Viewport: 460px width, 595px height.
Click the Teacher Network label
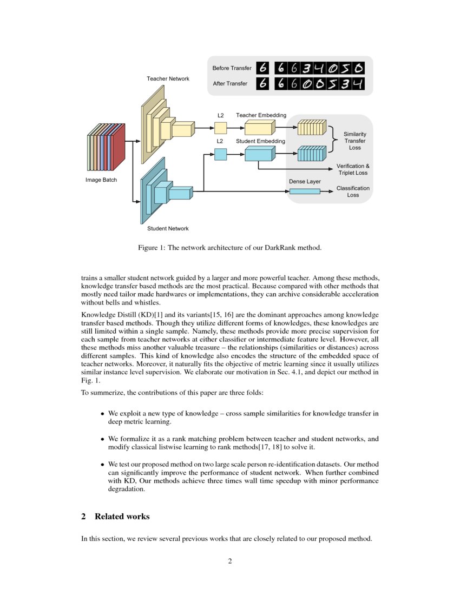(168, 79)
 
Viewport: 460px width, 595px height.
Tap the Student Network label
(168, 229)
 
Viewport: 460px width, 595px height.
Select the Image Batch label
(101, 180)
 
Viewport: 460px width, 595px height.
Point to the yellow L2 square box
(220, 128)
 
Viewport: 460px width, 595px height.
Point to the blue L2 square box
(220, 154)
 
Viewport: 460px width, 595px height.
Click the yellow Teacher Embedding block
(260, 128)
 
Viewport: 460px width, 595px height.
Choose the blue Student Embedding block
(260, 154)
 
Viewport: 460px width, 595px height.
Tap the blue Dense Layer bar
(305, 191)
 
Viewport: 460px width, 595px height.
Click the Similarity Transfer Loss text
(355, 141)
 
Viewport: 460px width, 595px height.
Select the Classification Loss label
(353, 191)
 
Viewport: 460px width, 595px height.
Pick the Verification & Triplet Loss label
(353, 169)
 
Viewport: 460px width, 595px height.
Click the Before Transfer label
(232, 68)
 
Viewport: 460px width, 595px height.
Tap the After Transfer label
(230, 84)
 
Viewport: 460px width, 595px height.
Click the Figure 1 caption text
(229, 248)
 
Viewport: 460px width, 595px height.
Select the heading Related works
(122, 517)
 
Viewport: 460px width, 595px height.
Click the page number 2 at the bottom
(229, 561)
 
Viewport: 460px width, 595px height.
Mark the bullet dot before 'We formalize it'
(102, 439)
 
